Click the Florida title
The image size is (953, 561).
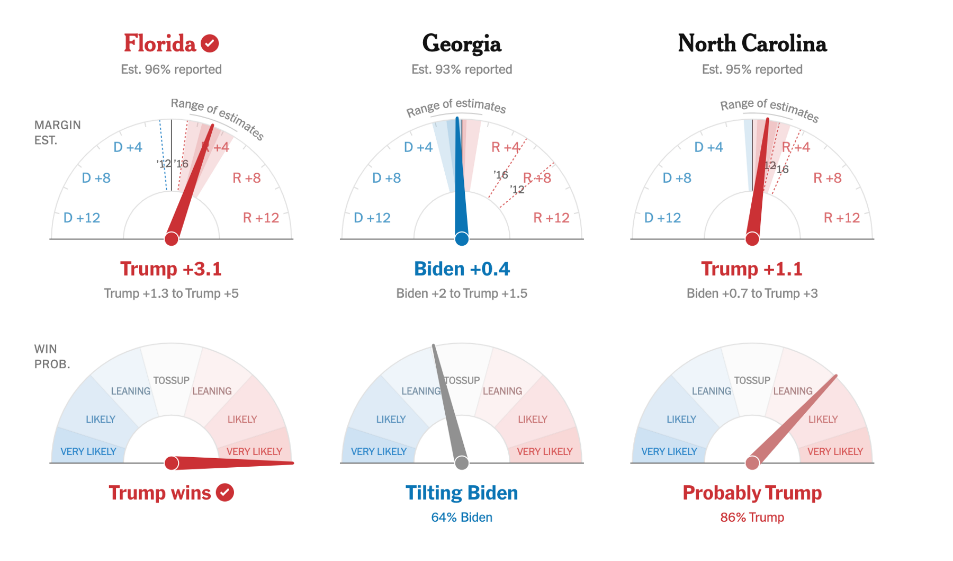pos(160,44)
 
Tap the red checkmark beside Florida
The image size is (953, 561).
pos(210,43)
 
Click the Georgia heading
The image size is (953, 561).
pos(461,44)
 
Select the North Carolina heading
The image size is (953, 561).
pos(752,44)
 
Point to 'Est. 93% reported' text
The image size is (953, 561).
pos(461,69)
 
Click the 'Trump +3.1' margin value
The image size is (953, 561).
pos(170,269)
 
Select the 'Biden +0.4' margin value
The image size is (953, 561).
pos(461,269)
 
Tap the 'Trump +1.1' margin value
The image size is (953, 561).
pos(751,269)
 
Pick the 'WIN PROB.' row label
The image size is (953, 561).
pos(52,357)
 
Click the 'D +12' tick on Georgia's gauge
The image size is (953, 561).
pos(372,218)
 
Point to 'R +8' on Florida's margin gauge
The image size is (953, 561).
pos(247,178)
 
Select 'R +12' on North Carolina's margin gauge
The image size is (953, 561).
pos(841,218)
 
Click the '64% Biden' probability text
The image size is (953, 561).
pos(461,518)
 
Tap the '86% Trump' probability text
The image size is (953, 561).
pos(751,518)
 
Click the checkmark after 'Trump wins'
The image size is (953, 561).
pos(225,493)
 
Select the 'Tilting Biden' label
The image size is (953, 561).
pos(461,493)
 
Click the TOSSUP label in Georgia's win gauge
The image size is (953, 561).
pos(462,380)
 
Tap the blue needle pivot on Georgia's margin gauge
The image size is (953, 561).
pos(461,239)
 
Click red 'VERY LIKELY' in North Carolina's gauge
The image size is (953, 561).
pos(834,452)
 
